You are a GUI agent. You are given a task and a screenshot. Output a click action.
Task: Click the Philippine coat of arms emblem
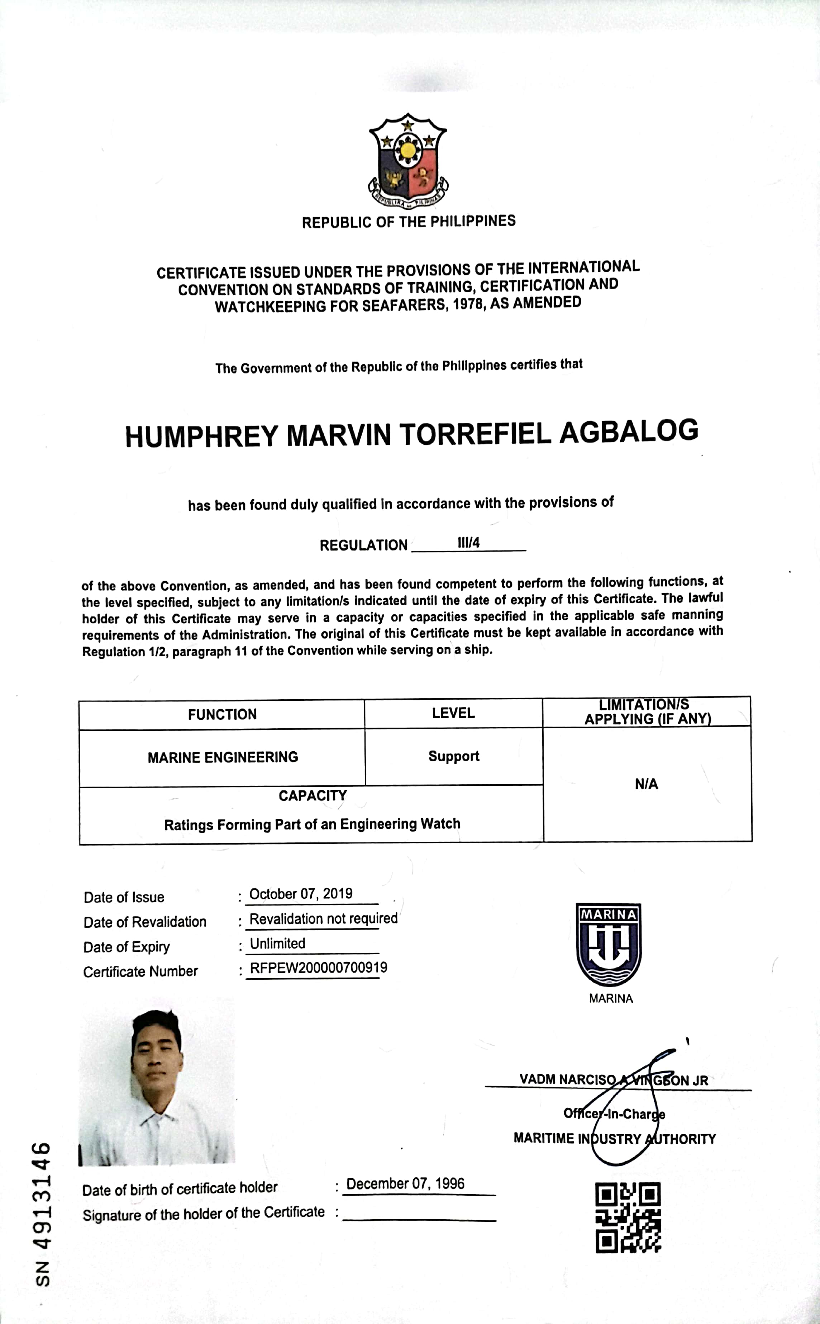pos(408,160)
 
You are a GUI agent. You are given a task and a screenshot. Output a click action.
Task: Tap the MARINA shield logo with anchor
pos(609,945)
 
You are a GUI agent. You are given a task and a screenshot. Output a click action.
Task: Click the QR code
pos(628,1217)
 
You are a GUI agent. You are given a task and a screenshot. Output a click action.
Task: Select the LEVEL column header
pos(453,713)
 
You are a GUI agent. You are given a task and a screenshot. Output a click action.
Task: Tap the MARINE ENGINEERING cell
pos(223,757)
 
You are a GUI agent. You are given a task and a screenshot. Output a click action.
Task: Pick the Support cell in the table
pos(454,756)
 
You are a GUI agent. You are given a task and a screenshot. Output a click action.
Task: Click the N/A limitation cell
pos(647,784)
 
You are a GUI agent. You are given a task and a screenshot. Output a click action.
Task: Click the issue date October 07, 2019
pos(301,894)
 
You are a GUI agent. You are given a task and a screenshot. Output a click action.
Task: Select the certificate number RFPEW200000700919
pos(318,968)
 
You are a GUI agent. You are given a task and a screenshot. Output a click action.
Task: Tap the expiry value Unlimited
pos(278,944)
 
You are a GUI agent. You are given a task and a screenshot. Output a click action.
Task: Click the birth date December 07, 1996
pos(406,1183)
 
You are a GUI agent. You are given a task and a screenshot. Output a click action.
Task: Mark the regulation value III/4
pos(468,543)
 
